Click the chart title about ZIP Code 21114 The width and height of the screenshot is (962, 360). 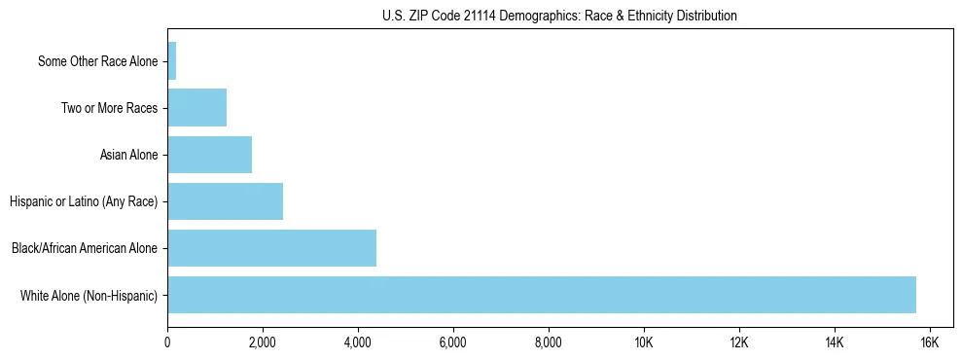pyautogui.click(x=559, y=16)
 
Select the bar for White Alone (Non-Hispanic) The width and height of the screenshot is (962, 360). pyautogui.click(x=542, y=295)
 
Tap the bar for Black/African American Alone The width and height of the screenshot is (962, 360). pyautogui.click(x=271, y=248)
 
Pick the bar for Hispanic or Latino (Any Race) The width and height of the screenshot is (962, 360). pyautogui.click(x=225, y=201)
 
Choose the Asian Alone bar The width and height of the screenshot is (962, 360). pyautogui.click(x=209, y=155)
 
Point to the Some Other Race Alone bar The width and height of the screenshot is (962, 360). pyautogui.click(x=172, y=61)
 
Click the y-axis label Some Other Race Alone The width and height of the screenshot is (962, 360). pyautogui.click(x=97, y=61)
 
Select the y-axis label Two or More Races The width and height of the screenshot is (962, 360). pyautogui.click(x=109, y=108)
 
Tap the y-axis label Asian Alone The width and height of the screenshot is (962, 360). pyautogui.click(x=128, y=155)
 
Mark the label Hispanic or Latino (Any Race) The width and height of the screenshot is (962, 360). pyautogui.click(x=84, y=201)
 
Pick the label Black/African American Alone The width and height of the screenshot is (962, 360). pyautogui.click(x=85, y=248)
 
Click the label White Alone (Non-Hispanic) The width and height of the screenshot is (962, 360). pyautogui.click(x=89, y=295)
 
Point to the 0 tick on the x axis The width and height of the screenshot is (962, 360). pyautogui.click(x=167, y=342)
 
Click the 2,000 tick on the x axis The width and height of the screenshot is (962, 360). pyautogui.click(x=263, y=342)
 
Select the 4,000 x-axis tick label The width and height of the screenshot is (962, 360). pyautogui.click(x=358, y=342)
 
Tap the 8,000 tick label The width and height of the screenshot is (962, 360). pyautogui.click(x=549, y=342)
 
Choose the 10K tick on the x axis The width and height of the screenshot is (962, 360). pyautogui.click(x=644, y=342)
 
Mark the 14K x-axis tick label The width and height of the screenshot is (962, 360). pyautogui.click(x=834, y=342)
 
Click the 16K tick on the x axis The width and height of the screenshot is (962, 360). pyautogui.click(x=929, y=342)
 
